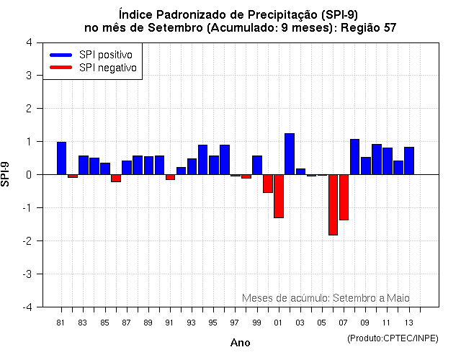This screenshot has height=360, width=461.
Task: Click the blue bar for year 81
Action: pyautogui.click(x=61, y=158)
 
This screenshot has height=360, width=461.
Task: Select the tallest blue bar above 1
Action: pyautogui.click(x=290, y=154)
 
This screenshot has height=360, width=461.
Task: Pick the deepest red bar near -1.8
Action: pyautogui.click(x=333, y=204)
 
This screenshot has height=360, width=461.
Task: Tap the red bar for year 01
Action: pyautogui.click(x=279, y=196)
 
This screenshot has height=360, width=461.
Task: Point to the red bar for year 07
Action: pyautogui.click(x=344, y=197)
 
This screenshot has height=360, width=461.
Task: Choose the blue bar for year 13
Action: pyautogui.click(x=409, y=161)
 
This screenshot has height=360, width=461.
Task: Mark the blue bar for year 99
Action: pyautogui.click(x=257, y=165)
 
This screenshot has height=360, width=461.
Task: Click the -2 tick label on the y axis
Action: pyautogui.click(x=27, y=241)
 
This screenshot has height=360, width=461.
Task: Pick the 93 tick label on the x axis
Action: pyautogui.click(x=191, y=323)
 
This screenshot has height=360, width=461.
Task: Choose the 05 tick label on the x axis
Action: pyautogui.click(x=321, y=323)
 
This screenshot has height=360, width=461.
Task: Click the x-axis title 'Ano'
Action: pyautogui.click(x=240, y=343)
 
